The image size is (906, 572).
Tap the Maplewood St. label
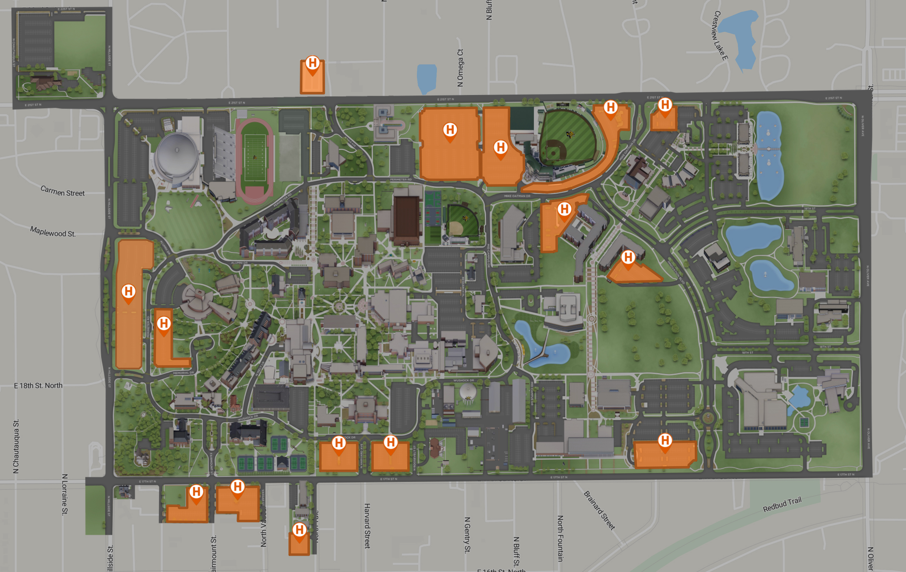53,231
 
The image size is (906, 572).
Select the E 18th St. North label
38,385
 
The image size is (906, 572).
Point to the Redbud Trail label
782,504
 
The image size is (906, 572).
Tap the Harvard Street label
367,526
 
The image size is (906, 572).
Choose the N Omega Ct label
460,68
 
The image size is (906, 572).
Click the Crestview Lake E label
720,35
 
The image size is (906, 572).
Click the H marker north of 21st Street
312,63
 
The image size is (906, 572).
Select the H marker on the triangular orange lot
628,258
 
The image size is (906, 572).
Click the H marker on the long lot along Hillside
129,291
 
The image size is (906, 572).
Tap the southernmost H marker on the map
299,530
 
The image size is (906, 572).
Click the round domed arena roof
177,153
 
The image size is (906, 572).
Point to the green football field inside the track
255,157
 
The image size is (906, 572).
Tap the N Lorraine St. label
65,494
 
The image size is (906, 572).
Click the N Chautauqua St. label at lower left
16,446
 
